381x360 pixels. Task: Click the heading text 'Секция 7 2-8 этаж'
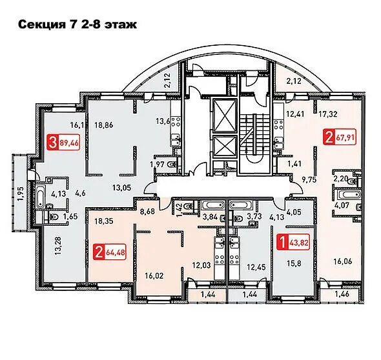tap(77, 25)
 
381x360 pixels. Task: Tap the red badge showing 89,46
tap(63, 142)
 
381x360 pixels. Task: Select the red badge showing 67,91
tap(340, 137)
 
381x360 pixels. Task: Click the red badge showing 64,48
tap(110, 252)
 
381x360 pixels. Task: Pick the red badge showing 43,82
tap(293, 242)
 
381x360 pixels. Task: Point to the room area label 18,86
tap(103, 125)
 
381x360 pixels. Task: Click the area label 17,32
tap(328, 114)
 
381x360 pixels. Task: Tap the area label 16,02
tap(154, 275)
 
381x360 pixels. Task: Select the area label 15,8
tap(294, 264)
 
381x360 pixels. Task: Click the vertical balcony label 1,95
tap(21, 194)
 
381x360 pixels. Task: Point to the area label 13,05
tap(121, 187)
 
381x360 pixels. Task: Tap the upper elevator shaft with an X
tap(225, 116)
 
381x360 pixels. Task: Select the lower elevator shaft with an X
tap(225, 146)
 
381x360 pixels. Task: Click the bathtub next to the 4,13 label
tap(41, 196)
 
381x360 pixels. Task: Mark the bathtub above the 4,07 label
tap(348, 194)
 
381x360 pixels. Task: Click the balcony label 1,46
tap(342, 294)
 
